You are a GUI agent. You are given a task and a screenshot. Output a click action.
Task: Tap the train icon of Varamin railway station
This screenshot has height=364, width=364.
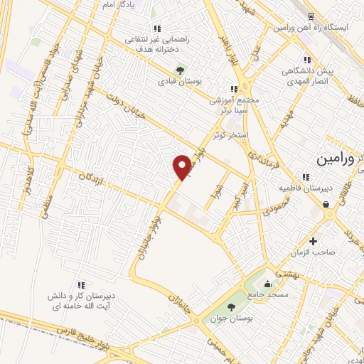[311, 16]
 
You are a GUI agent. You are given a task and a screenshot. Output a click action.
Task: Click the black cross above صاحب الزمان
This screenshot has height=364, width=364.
[313, 241]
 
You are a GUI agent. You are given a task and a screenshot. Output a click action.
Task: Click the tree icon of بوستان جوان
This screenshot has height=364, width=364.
[231, 307]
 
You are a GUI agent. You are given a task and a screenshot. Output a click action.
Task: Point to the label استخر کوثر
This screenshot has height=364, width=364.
[228, 133]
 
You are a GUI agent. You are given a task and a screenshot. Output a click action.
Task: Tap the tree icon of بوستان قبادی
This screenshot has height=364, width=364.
[178, 70]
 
